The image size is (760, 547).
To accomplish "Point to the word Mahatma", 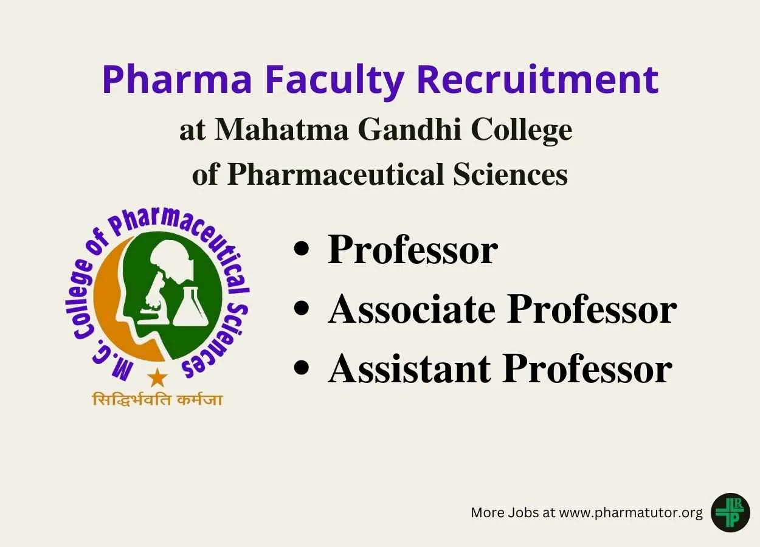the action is (282, 130).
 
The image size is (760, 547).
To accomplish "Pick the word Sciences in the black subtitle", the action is (511, 174).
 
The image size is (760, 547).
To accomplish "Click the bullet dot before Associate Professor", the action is (302, 308).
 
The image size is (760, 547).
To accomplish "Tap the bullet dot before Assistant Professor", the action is (302, 368).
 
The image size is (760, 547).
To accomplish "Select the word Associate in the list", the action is (412, 309).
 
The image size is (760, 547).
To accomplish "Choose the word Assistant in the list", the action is (410, 369).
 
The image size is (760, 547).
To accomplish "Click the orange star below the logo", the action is (157, 377).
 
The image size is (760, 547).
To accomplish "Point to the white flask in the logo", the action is (190, 306).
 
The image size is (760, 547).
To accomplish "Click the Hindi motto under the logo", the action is (157, 399).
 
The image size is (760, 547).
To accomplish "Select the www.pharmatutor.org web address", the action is (630, 513).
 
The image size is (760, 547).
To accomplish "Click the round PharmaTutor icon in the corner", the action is (731, 513).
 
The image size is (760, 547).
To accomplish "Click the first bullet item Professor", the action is (412, 250).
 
